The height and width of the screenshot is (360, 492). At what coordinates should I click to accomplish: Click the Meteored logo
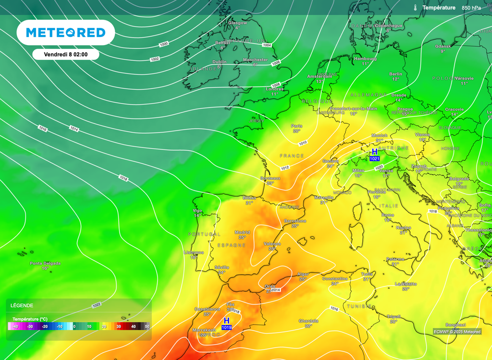coord(65,33)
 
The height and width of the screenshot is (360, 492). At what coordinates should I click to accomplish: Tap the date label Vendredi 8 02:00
coord(66,54)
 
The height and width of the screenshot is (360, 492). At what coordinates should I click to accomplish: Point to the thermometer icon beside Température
coord(415,8)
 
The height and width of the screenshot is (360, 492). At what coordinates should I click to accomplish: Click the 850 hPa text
coord(471,8)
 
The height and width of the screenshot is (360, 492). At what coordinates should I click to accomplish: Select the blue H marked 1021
coord(374,152)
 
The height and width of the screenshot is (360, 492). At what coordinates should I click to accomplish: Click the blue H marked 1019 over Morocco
coord(226,320)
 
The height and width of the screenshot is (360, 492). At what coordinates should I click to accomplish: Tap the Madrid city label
coord(242,232)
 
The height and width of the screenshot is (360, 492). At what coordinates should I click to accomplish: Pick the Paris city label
coord(296,126)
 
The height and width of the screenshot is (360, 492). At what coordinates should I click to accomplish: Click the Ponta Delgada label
coord(45,263)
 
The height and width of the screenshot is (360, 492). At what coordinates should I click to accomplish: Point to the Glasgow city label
coord(237,23)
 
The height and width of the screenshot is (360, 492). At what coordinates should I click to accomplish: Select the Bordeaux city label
coord(270,178)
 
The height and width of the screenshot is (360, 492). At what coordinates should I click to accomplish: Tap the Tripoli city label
coord(394,316)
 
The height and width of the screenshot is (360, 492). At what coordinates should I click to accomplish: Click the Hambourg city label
coord(365,59)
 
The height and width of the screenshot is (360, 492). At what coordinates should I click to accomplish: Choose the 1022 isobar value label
coord(96,305)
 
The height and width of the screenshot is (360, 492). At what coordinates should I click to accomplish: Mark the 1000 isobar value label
coord(163,44)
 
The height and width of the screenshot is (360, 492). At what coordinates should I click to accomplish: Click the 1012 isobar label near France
coord(285,168)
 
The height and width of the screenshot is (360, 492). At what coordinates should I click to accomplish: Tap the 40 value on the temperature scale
coord(133,326)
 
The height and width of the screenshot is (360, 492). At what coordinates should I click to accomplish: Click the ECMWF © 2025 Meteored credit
coord(456,331)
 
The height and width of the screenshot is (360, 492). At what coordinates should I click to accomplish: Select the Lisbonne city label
coord(194,252)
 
